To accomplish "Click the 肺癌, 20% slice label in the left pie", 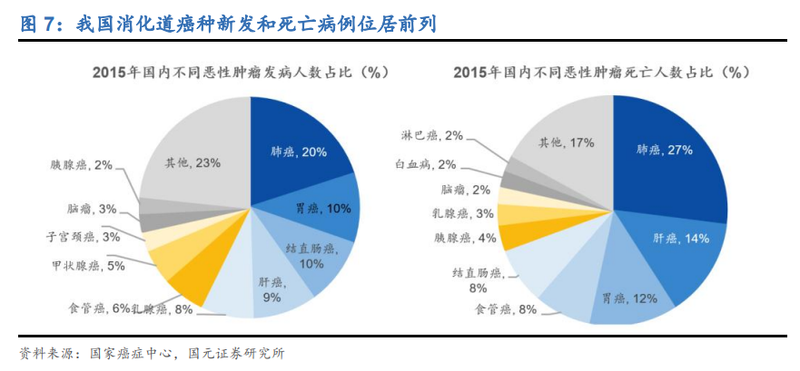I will (x=299, y=152).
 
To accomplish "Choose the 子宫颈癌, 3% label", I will (x=84, y=237).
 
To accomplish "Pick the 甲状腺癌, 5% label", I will (x=88, y=266).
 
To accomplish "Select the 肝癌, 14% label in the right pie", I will (x=681, y=238).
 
